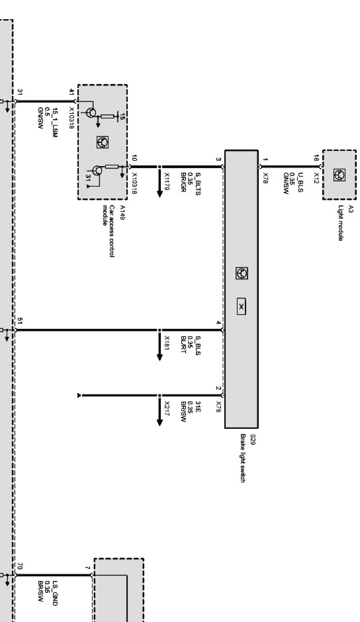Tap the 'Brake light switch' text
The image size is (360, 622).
pyautogui.click(x=243, y=458)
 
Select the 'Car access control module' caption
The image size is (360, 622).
pyautogui.click(x=109, y=231)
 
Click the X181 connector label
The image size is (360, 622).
pyautogui.click(x=167, y=343)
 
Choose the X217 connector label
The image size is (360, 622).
pyautogui.click(x=167, y=408)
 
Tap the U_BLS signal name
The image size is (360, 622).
pyautogui.click(x=301, y=182)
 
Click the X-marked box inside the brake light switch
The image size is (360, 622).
pyautogui.click(x=241, y=307)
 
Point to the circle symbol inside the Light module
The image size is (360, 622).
pyautogui.click(x=339, y=175)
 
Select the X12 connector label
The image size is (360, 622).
pyautogui.click(x=317, y=178)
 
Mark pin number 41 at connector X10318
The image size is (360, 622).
pyautogui.click(x=71, y=92)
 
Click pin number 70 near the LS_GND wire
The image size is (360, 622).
pyautogui.click(x=20, y=566)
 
